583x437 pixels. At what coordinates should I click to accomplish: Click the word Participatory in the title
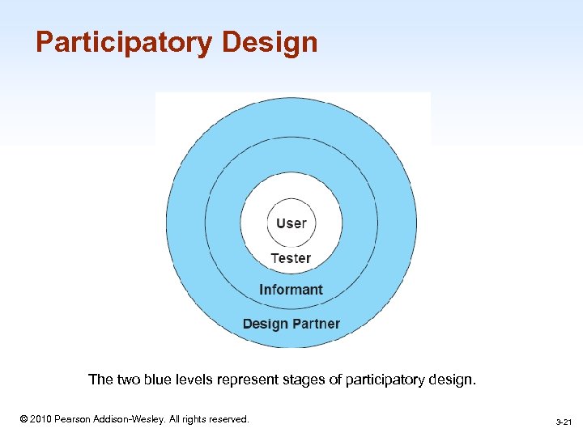pyautogui.click(x=122, y=42)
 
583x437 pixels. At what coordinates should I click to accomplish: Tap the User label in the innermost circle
pyautogui.click(x=291, y=223)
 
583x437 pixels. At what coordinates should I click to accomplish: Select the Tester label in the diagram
pyautogui.click(x=291, y=258)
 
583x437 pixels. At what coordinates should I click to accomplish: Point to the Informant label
pyautogui.click(x=291, y=290)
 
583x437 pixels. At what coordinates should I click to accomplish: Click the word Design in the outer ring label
pyautogui.click(x=264, y=324)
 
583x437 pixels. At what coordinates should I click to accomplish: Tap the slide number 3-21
pyautogui.click(x=564, y=422)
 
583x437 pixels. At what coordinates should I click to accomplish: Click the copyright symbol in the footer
pyautogui.click(x=23, y=419)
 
